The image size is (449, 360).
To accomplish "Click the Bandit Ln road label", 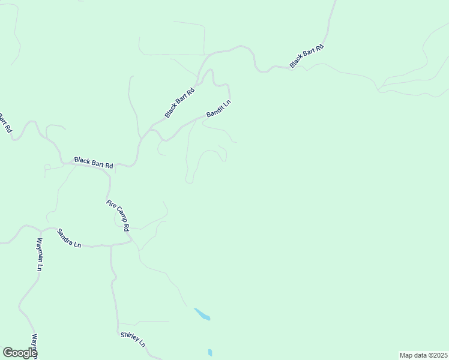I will (218, 109).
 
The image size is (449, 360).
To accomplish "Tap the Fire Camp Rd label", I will (118, 215).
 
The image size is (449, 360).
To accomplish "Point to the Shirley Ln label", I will (133, 340).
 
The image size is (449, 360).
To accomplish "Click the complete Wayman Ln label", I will (39, 254).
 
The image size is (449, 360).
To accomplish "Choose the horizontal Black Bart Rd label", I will (94, 163).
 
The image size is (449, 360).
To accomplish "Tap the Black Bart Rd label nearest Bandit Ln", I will (180, 103).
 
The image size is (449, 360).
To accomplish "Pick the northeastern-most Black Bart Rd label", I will (307, 56).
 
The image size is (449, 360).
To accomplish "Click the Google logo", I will (20, 352).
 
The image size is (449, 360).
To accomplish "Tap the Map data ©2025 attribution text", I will (423, 355).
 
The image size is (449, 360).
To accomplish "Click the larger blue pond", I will (202, 314).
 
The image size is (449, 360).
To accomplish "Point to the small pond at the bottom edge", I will (209, 352).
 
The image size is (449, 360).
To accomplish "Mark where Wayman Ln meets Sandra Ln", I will (40, 230).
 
